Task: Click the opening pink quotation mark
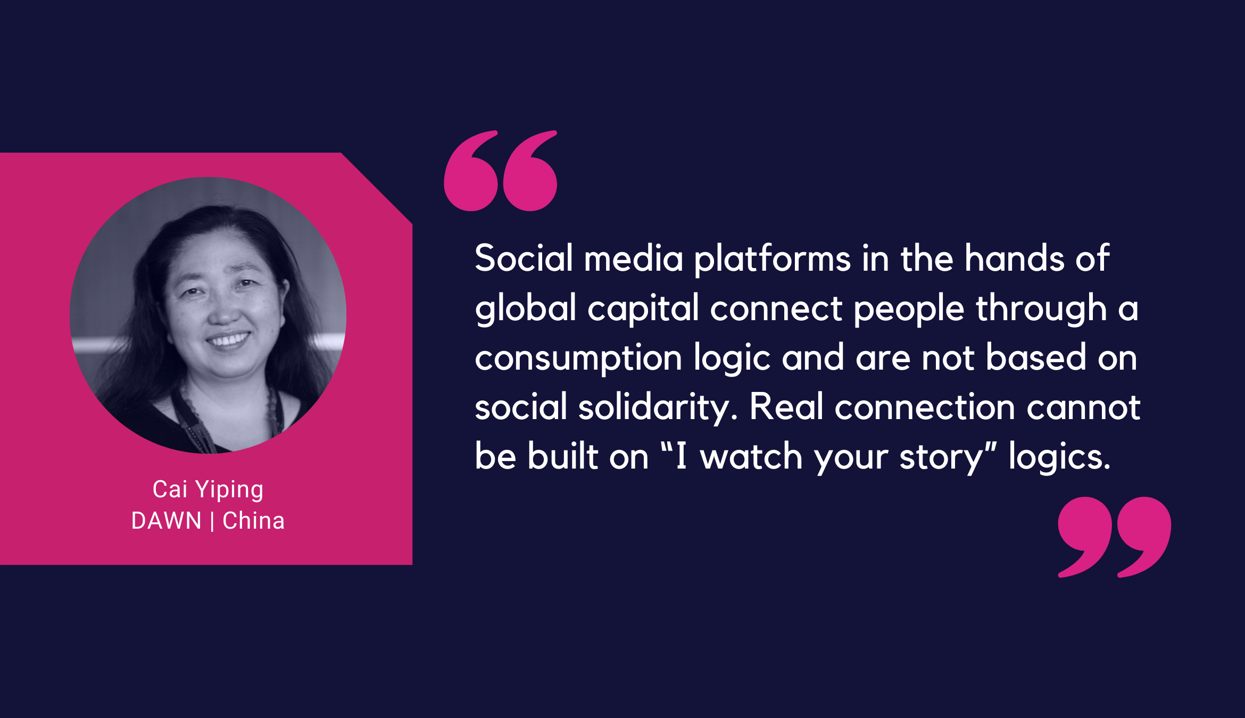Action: (x=500, y=171)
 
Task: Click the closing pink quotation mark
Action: (x=1115, y=537)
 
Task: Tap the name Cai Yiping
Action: (x=208, y=489)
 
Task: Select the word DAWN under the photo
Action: (x=167, y=521)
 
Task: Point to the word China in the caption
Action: (x=253, y=521)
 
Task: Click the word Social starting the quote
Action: (x=524, y=258)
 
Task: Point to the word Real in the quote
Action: (x=786, y=407)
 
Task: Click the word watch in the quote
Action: (x=751, y=457)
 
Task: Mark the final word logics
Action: (x=1059, y=458)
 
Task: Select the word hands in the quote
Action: (x=1015, y=258)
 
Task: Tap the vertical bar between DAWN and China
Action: (x=212, y=521)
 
